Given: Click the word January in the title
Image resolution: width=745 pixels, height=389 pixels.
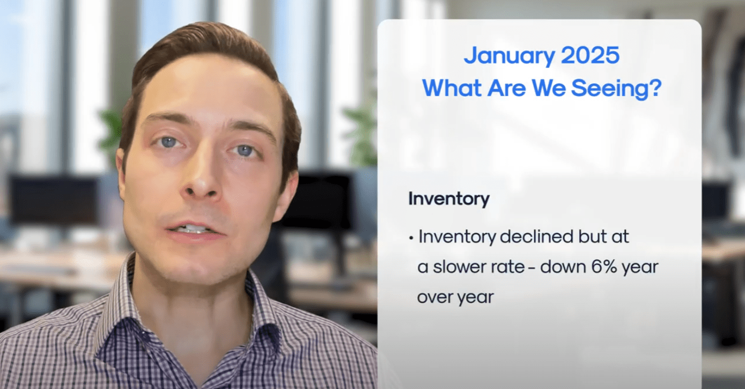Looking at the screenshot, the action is click(x=509, y=56).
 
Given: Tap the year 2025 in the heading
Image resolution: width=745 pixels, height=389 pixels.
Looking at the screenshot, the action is click(x=591, y=55).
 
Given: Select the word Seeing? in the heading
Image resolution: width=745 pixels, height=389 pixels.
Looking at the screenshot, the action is click(x=616, y=89).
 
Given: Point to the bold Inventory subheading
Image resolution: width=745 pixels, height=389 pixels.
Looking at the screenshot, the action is click(x=449, y=199).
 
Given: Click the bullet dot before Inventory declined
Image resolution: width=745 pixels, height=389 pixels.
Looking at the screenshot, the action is click(x=411, y=238).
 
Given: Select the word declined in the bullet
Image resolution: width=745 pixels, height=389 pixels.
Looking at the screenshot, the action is click(x=536, y=237).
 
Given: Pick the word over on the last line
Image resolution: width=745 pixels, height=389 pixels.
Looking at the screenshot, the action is click(x=434, y=297).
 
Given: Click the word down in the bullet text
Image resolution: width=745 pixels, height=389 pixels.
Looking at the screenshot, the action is click(x=563, y=267).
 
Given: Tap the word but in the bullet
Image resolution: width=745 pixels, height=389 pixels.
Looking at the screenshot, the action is click(x=592, y=237).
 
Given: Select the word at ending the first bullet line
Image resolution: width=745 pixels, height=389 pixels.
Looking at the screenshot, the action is click(x=620, y=237).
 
